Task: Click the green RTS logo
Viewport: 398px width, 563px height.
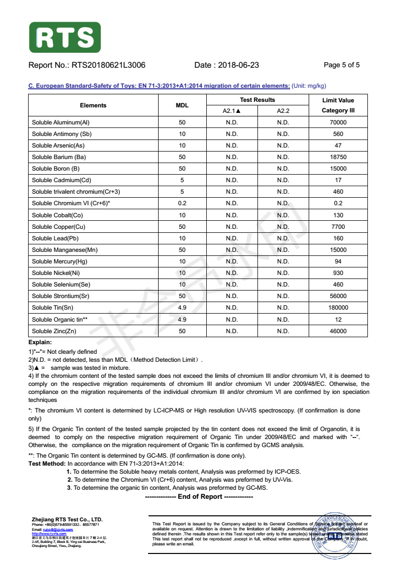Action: click(65, 37)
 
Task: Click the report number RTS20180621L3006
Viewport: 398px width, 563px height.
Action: click(108, 65)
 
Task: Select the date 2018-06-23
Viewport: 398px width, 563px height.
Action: click(240, 65)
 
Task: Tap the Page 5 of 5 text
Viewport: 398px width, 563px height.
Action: click(341, 65)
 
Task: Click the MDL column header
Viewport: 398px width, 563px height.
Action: click(182, 105)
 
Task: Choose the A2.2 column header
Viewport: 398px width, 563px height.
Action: click(283, 111)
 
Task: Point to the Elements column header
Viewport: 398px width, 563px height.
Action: click(93, 105)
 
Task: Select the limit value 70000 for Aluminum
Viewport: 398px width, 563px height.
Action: click(338, 122)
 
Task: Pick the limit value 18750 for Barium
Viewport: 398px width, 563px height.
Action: click(338, 157)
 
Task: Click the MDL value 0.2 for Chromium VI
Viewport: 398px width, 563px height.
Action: click(182, 203)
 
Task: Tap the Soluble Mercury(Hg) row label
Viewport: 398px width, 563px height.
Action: click(59, 261)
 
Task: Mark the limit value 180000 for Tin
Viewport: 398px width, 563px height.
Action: click(338, 308)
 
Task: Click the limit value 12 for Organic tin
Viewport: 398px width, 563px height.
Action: click(338, 320)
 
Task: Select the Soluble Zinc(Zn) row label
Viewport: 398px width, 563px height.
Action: click(54, 331)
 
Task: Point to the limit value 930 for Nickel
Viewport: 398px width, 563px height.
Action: click(338, 273)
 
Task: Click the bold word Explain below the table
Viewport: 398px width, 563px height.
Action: click(40, 342)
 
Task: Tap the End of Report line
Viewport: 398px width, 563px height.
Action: click(199, 497)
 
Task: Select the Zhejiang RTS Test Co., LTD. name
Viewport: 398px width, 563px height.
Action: click(67, 519)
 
